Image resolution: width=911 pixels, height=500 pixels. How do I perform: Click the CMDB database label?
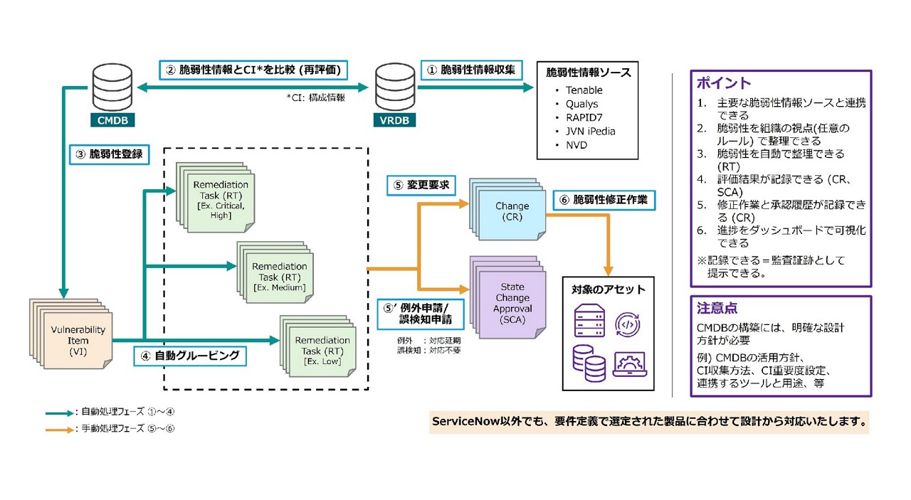112,121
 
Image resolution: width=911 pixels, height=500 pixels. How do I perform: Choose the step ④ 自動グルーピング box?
190,355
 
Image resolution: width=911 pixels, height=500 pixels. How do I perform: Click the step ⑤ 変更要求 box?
421,186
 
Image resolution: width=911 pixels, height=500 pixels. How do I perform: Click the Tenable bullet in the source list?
584,90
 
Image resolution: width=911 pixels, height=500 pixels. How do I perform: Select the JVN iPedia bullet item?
590,131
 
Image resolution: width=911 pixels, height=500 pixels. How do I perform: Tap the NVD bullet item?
576,145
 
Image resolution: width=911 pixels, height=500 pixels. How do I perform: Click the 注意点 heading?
717,309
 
